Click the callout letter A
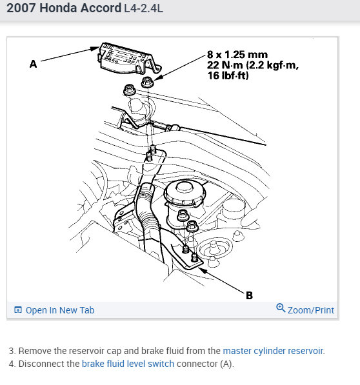pyautogui.click(x=34, y=64)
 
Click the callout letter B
pyautogui.click(x=249, y=295)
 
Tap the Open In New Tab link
pyautogui.click(x=60, y=310)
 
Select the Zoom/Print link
pyautogui.click(x=310, y=310)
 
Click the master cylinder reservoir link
pyautogui.click(x=273, y=351)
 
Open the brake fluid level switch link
pyautogui.click(x=128, y=364)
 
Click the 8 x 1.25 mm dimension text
pyautogui.click(x=237, y=55)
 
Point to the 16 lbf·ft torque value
pyautogui.click(x=228, y=75)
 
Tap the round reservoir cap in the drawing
pyautogui.click(x=185, y=193)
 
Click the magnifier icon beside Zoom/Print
pyautogui.click(x=281, y=308)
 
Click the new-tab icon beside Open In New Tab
pyautogui.click(x=18, y=310)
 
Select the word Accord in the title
pyautogui.click(x=101, y=8)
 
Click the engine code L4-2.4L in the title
pyautogui.click(x=143, y=8)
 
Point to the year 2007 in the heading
pyautogui.click(x=21, y=8)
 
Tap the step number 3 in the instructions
pyautogui.click(x=12, y=351)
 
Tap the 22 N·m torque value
pyautogui.click(x=225, y=65)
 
